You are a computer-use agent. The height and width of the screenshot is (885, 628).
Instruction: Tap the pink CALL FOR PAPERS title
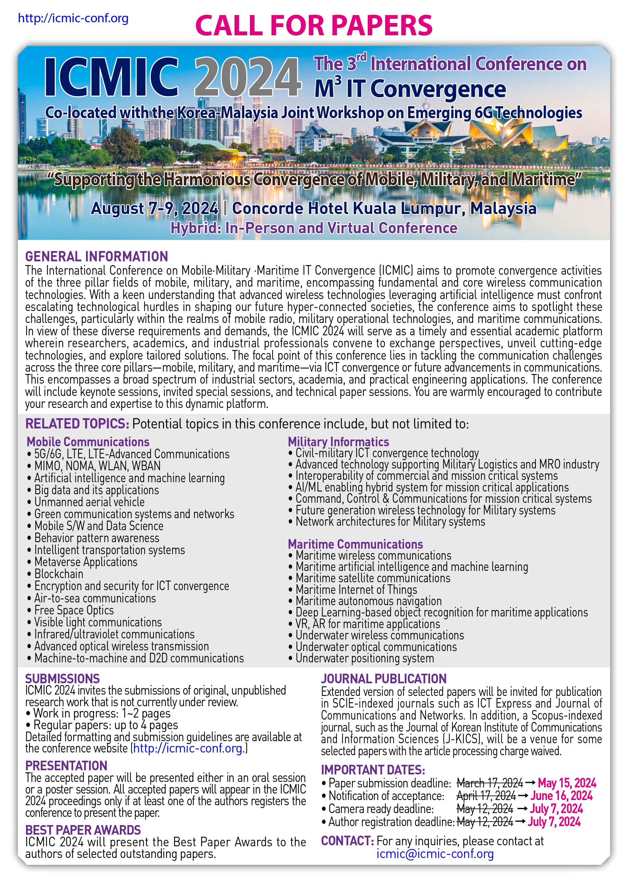click(x=314, y=26)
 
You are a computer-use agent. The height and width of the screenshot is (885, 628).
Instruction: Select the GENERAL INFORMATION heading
click(x=96, y=257)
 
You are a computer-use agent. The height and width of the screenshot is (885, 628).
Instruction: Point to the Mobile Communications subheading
click(x=88, y=442)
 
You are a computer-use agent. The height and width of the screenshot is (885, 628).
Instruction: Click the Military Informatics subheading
click(x=338, y=442)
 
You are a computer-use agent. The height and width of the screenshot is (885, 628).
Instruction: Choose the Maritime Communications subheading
click(x=355, y=544)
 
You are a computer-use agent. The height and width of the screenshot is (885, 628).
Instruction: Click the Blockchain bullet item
click(x=59, y=574)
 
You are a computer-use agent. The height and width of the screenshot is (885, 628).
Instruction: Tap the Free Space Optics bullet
click(x=74, y=610)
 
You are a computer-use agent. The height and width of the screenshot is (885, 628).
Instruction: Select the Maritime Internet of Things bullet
click(x=356, y=589)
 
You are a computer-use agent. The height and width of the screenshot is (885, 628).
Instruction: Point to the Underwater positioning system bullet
click(x=365, y=658)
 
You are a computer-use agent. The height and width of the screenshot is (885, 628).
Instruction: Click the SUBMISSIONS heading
click(x=62, y=678)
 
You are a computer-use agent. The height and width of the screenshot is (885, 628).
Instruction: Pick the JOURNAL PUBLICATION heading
click(x=384, y=678)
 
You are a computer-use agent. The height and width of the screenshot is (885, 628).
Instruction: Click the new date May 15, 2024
click(x=567, y=783)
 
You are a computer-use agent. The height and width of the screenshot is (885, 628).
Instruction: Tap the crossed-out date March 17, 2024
click(x=490, y=783)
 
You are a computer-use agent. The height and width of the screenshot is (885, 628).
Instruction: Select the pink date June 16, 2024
click(x=561, y=796)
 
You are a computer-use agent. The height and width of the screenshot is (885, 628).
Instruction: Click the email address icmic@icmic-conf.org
click(x=435, y=854)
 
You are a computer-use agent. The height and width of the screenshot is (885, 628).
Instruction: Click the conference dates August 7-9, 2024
click(x=154, y=209)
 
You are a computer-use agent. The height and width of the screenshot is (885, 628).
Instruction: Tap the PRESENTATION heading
click(x=66, y=765)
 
